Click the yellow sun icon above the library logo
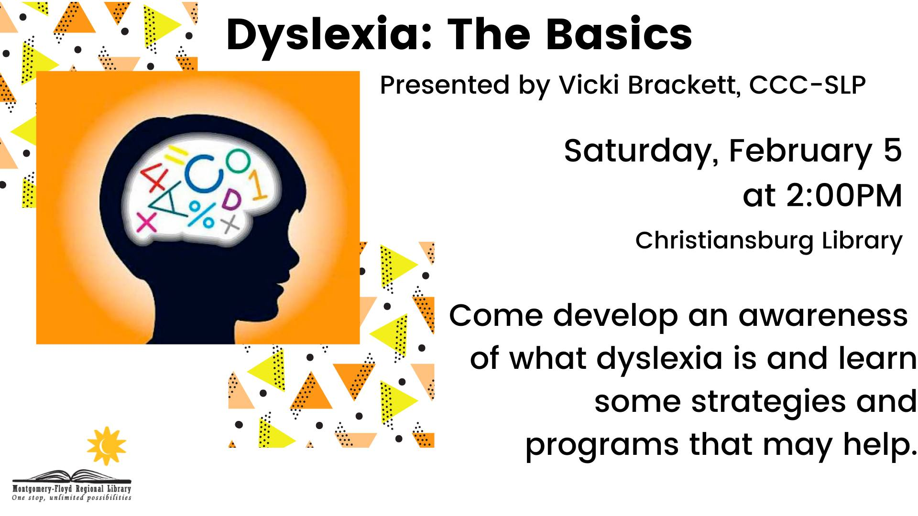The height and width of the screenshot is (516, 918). tap(106, 446)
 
